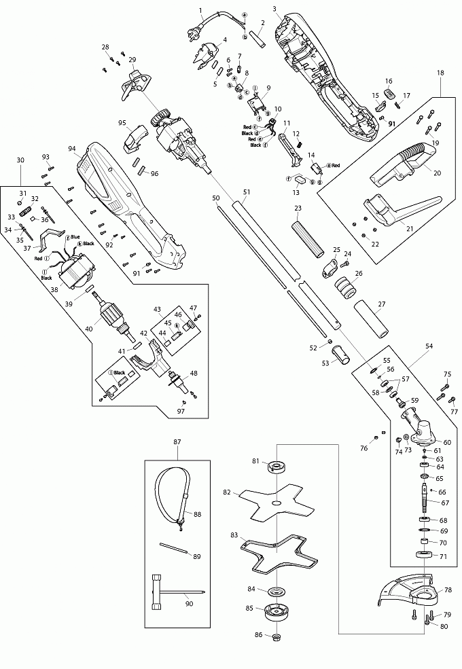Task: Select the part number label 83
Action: coord(234,535)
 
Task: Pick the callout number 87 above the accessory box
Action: coord(177,442)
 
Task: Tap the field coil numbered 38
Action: coord(77,269)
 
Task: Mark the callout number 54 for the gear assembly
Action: coord(429,346)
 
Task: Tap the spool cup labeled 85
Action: coord(277,613)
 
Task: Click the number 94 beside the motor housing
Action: coord(71,148)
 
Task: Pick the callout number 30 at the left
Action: coord(20,160)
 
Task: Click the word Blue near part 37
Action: coord(75,237)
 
